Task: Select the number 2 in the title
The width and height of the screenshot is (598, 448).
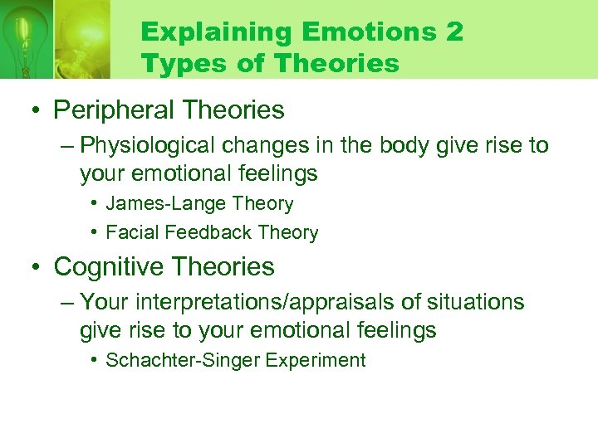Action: [454, 33]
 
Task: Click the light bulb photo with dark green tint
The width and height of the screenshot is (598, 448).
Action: [26, 39]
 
